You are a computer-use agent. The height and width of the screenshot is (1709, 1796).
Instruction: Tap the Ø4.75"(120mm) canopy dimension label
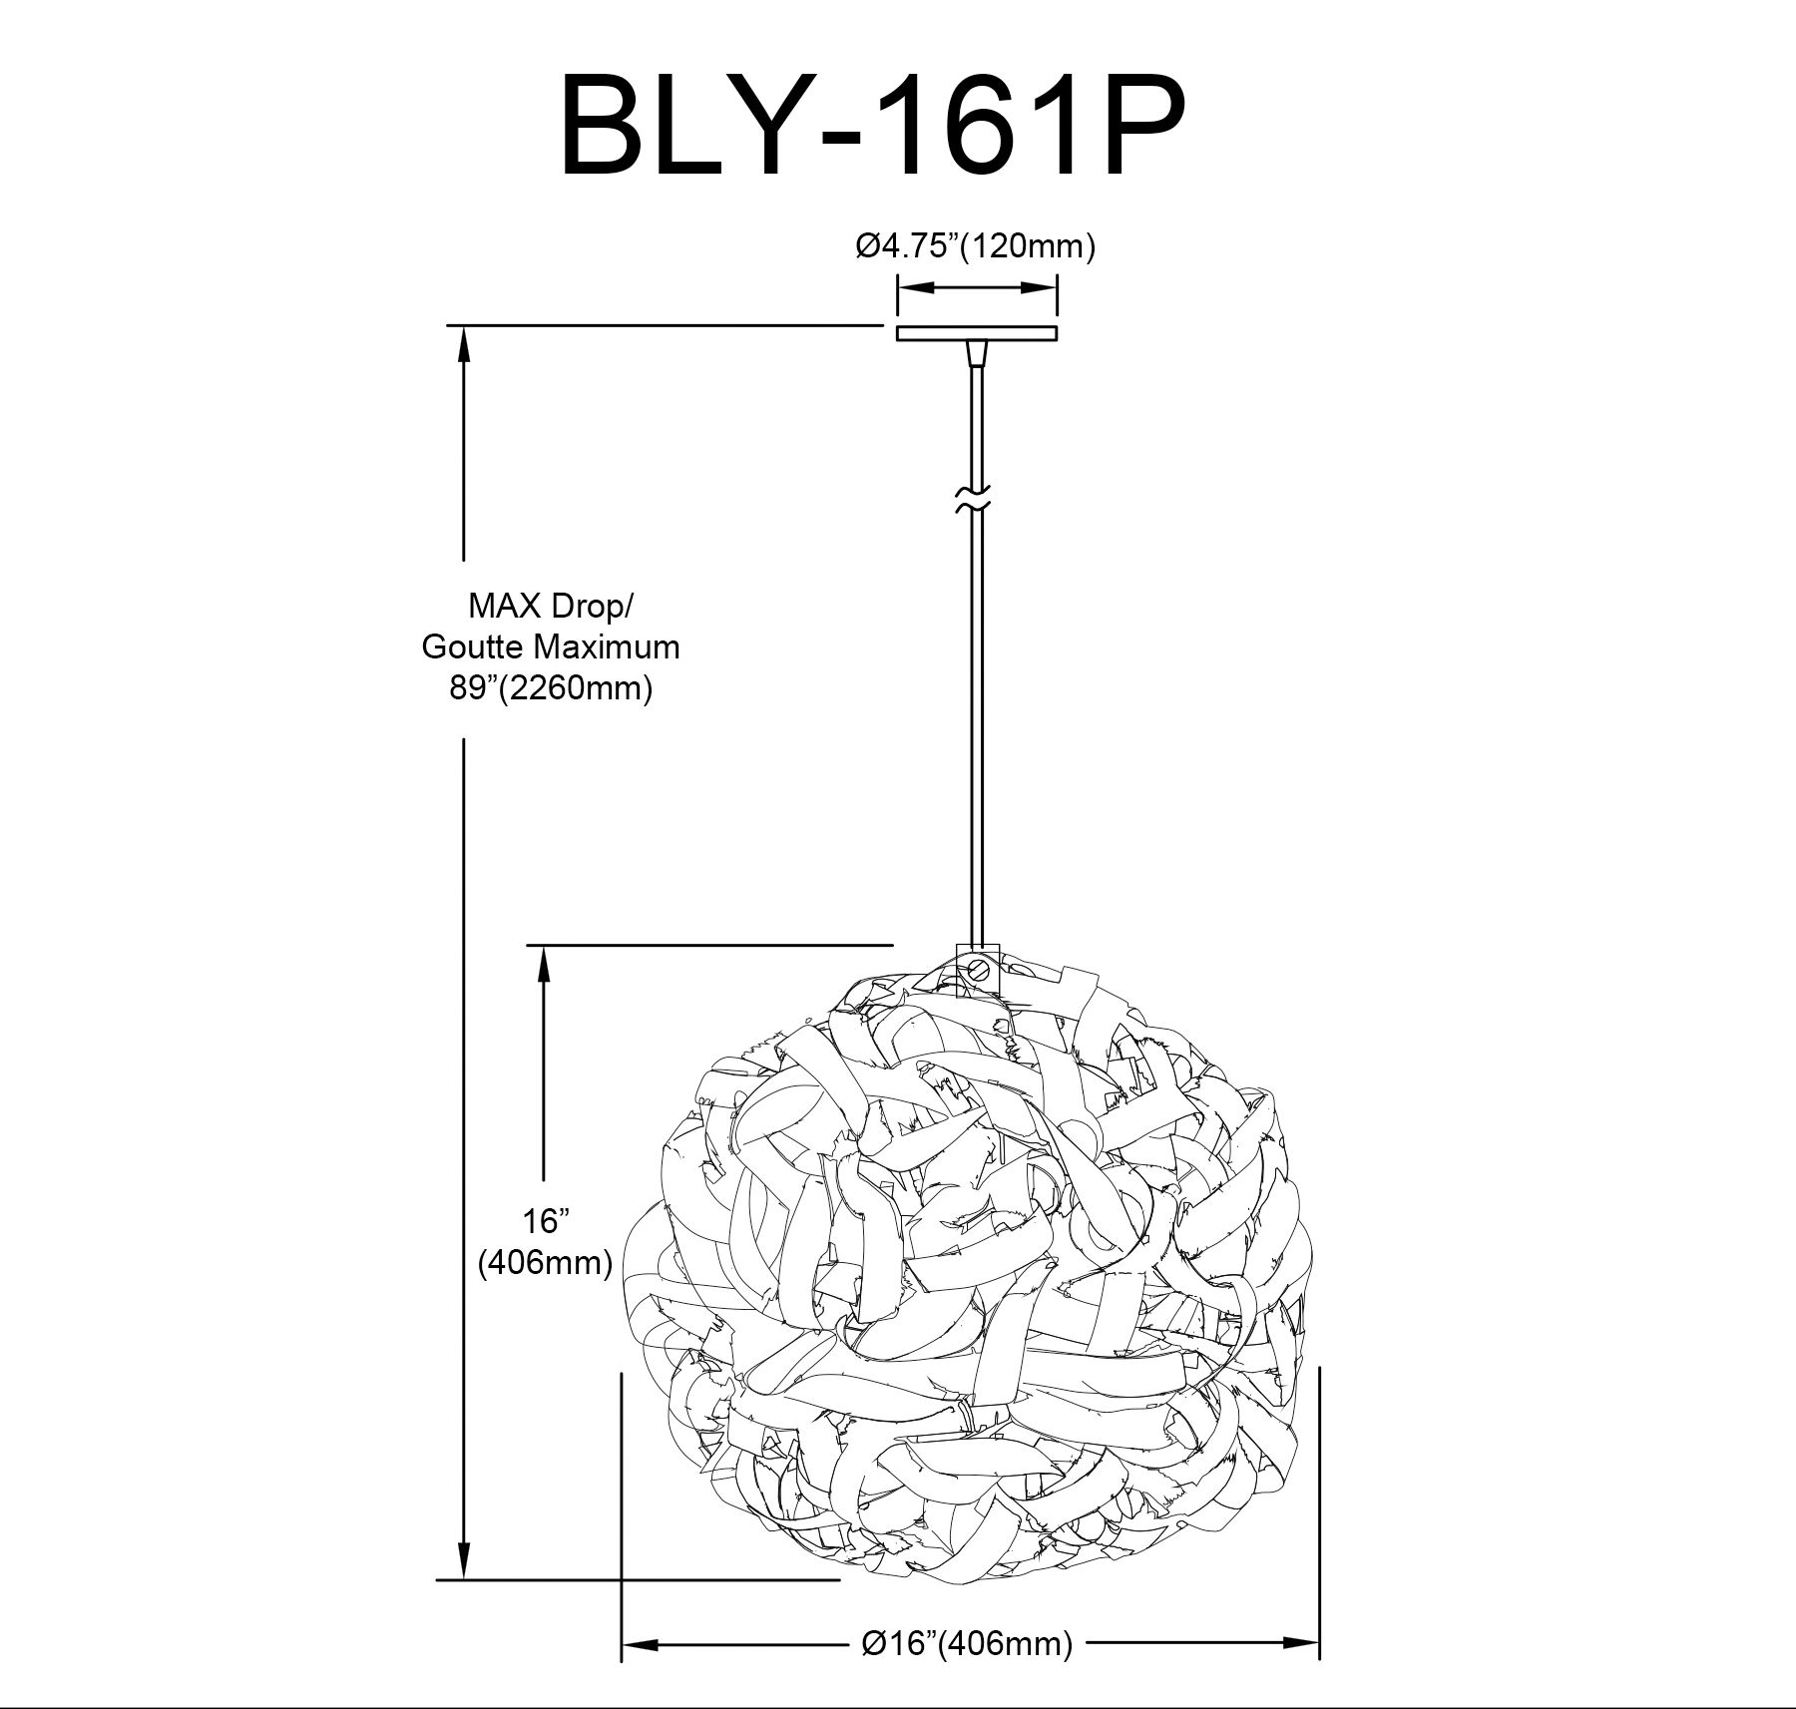click(x=975, y=245)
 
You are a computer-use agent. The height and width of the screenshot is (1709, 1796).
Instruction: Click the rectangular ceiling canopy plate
click(x=976, y=333)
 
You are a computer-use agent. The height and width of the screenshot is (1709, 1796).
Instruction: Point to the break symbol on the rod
click(x=975, y=499)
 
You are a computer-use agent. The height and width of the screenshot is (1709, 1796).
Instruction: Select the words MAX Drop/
click(x=550, y=607)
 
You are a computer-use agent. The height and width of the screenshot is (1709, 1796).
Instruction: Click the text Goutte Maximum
click(x=551, y=646)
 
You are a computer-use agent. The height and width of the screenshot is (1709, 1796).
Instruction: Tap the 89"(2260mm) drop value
click(x=551, y=688)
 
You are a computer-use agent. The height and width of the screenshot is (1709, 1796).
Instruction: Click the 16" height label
click(x=545, y=1220)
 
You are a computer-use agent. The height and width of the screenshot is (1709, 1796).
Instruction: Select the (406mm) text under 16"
click(x=545, y=1262)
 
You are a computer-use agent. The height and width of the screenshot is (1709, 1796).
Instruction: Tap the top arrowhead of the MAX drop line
click(x=464, y=343)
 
